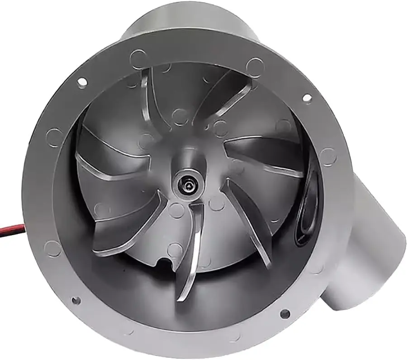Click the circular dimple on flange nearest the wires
53,248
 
